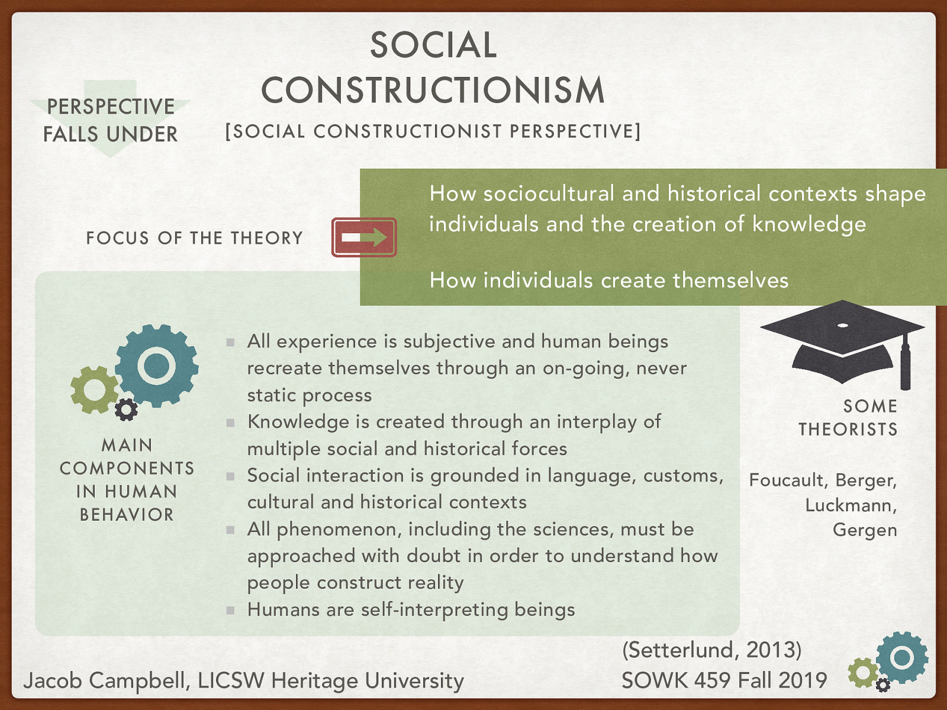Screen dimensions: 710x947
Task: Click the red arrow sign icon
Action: [x=363, y=237]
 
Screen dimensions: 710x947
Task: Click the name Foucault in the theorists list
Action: [x=785, y=480]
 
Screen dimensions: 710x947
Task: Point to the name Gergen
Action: [x=864, y=530]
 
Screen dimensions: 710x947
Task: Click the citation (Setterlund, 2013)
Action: [x=711, y=650]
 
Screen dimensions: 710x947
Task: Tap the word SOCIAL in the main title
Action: [x=433, y=46]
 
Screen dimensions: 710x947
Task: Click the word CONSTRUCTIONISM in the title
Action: [x=433, y=91]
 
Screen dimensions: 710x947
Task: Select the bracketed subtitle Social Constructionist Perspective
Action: [x=433, y=131]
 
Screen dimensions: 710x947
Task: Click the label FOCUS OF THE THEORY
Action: [x=194, y=238]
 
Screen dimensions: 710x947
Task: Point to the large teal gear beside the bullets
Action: [x=157, y=365]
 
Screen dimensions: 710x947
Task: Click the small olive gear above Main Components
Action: [x=94, y=389]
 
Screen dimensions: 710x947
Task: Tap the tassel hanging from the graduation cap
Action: [x=905, y=364]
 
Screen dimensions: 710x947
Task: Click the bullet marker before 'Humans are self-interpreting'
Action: [x=230, y=610]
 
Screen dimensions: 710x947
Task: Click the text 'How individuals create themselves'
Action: [x=609, y=280]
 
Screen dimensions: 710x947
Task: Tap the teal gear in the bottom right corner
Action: [x=902, y=657]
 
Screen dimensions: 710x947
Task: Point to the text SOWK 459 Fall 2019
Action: [x=723, y=680]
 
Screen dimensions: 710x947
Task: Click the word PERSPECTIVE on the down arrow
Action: [x=111, y=106]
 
